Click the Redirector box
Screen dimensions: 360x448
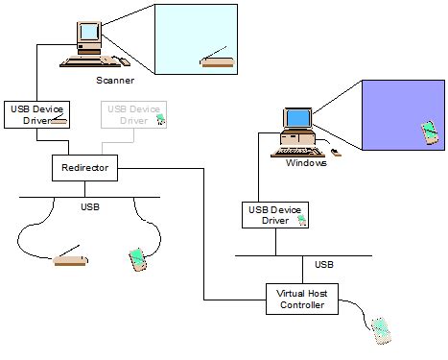point(83,169)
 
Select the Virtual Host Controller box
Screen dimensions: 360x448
point(301,300)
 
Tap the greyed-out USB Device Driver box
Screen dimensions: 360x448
point(133,114)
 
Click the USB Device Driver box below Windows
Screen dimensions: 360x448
point(275,214)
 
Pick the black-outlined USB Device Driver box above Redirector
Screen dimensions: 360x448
point(36,114)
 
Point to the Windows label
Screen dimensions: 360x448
point(306,163)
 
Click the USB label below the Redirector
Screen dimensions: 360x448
point(88,205)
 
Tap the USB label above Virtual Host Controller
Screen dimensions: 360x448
point(324,264)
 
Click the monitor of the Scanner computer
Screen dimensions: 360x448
point(89,35)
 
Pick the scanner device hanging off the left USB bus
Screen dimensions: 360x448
point(70,260)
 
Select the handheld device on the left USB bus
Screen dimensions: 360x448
point(138,258)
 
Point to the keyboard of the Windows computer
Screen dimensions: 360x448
point(300,149)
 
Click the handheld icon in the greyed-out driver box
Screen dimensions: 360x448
point(160,120)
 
